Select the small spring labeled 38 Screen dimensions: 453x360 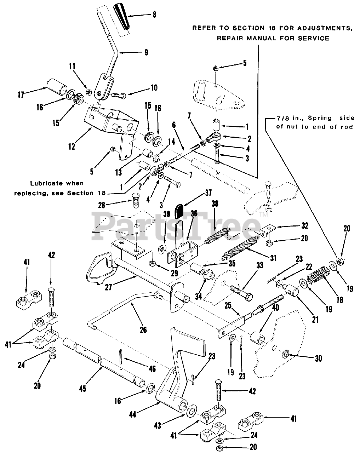[217, 235]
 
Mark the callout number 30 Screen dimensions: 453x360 [318, 358]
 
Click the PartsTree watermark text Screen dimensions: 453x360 [177, 223]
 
